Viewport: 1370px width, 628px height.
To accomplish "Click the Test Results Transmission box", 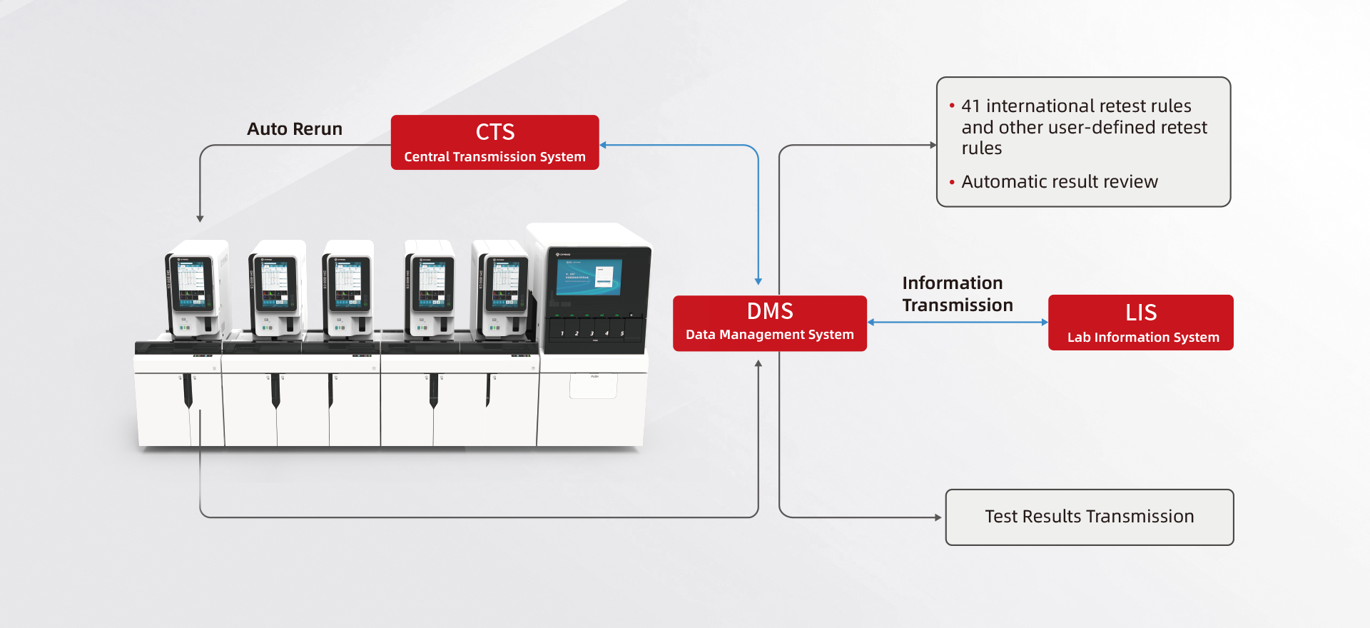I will [x=1089, y=517].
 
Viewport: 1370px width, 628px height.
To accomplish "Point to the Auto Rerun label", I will [x=295, y=129].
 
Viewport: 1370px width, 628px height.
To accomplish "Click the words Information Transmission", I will [x=957, y=294].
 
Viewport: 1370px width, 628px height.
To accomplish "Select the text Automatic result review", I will [x=1059, y=182].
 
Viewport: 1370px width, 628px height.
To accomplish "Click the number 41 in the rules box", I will [x=970, y=106].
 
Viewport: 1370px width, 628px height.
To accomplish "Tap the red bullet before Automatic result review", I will [x=952, y=183].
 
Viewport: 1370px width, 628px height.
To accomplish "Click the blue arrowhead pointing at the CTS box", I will [x=604, y=145].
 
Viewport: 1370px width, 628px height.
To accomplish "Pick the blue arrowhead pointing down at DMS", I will [x=758, y=281].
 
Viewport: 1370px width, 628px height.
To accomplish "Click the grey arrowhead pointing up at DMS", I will [x=758, y=364].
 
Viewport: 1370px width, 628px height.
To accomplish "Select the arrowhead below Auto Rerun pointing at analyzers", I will [x=200, y=218].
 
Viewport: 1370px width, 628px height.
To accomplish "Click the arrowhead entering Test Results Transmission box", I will [x=938, y=517].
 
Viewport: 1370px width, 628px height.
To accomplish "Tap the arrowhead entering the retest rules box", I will [x=933, y=145].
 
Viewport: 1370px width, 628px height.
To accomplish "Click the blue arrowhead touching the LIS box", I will [x=1044, y=323].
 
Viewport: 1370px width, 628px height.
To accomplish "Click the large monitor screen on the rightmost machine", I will [x=588, y=276].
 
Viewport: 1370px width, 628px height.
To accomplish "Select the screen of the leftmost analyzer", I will [x=191, y=284].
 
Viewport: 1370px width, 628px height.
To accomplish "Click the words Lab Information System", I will [x=1142, y=338].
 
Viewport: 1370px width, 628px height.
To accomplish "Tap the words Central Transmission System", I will [x=494, y=157].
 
